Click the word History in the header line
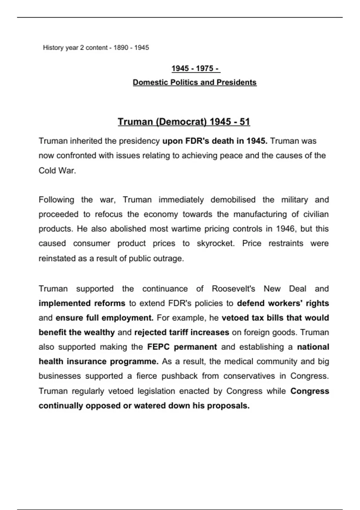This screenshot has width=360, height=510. pos(53,48)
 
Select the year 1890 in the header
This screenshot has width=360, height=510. pos(121,48)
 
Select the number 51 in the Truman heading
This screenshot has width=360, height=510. pos(245,122)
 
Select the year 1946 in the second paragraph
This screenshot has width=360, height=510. pos(285,229)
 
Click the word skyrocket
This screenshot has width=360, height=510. pos(215,243)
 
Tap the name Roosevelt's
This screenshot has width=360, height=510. pos(233,289)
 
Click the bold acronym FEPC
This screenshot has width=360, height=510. pos(158,347)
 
